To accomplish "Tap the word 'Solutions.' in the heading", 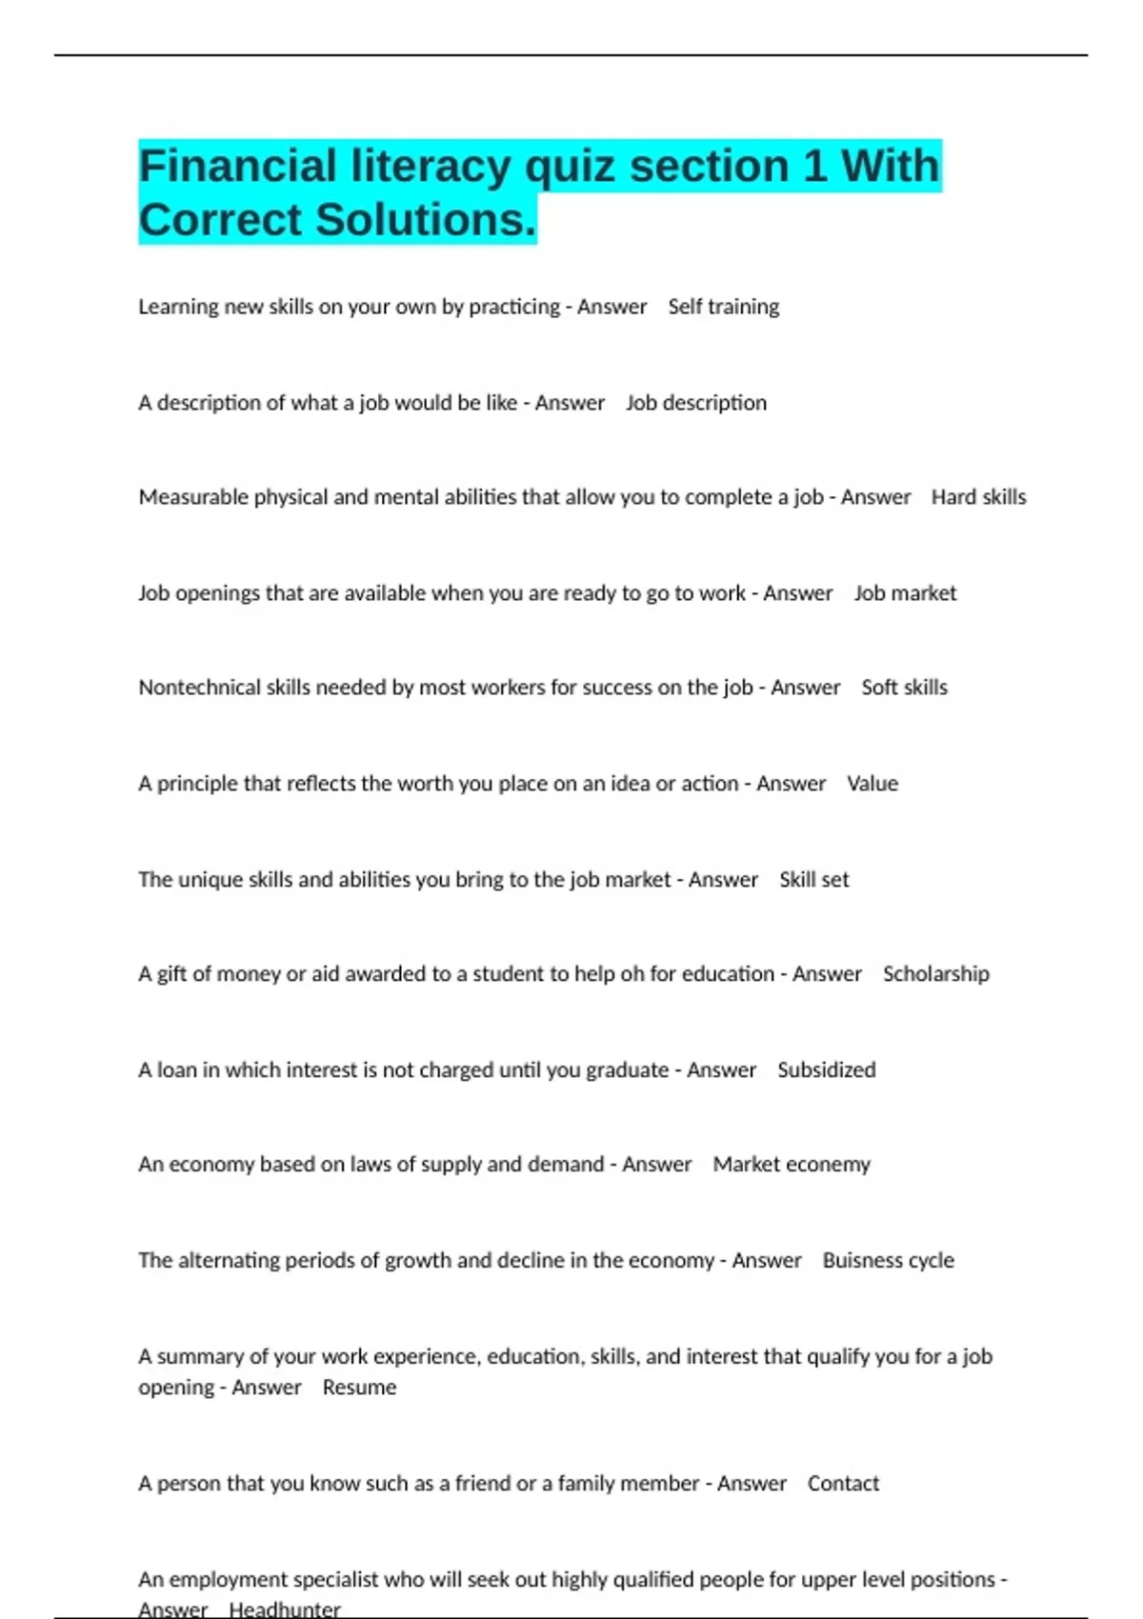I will pyautogui.click(x=426, y=220).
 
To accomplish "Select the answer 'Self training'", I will pyautogui.click(x=723, y=307).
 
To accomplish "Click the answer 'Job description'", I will pyautogui.click(x=695, y=403).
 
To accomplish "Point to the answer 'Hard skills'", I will pyautogui.click(x=978, y=497).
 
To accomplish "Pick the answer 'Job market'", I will pyautogui.click(x=905, y=593).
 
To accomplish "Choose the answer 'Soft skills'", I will pyautogui.click(x=904, y=688).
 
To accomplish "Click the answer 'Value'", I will pyautogui.click(x=872, y=784).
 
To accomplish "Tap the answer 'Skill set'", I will pyautogui.click(x=813, y=880).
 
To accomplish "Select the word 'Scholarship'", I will pyautogui.click(x=935, y=974).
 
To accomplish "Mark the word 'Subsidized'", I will pyautogui.click(x=826, y=1070).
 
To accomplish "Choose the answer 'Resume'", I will pyautogui.click(x=359, y=1388).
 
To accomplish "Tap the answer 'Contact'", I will pyautogui.click(x=843, y=1484).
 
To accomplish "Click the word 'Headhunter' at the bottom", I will pyautogui.click(x=284, y=1609).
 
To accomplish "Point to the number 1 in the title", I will pyautogui.click(x=814, y=167).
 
